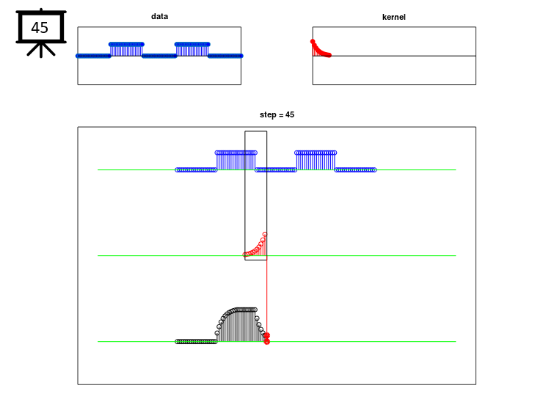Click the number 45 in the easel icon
click(x=40, y=28)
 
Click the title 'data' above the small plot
click(x=159, y=16)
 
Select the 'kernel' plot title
click(x=393, y=17)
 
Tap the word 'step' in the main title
click(x=267, y=114)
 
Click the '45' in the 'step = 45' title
click(x=290, y=114)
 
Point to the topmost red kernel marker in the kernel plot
click(x=313, y=42)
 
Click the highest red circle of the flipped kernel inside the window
click(x=265, y=235)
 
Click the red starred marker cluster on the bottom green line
click(x=267, y=338)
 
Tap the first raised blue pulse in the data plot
click(x=126, y=49)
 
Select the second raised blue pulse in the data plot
click(x=192, y=49)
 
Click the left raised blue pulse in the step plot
click(x=236, y=161)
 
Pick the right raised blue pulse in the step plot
click(x=316, y=161)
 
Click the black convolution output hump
click(x=241, y=325)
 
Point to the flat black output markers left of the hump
click(x=196, y=342)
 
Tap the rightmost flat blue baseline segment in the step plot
click(x=355, y=170)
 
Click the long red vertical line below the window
click(x=267, y=297)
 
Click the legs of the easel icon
click(x=41, y=50)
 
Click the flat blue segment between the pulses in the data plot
click(x=159, y=56)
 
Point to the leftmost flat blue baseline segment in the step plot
click(x=196, y=170)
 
